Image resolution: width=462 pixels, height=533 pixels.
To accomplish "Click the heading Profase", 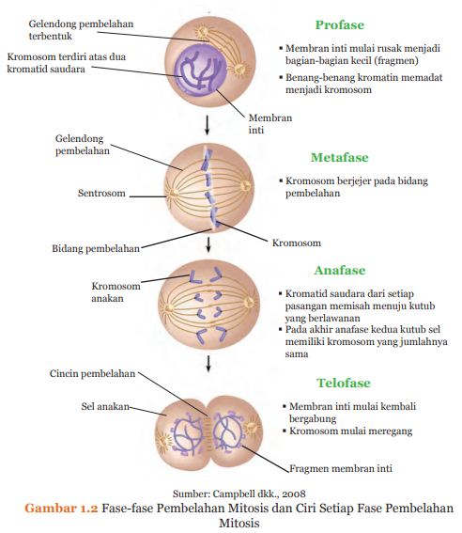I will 339,25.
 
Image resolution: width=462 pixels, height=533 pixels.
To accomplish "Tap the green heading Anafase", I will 340,271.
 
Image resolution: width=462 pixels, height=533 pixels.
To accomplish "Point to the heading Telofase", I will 344,383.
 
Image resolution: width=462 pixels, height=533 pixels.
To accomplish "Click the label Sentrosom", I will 100,195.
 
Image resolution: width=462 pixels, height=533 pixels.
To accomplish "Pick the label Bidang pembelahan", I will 95,249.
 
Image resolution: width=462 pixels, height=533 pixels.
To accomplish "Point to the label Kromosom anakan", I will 116,292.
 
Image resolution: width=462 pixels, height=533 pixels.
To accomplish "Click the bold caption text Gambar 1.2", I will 61,508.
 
